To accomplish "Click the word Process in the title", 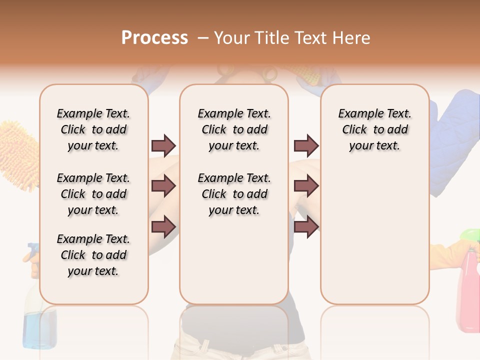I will (154, 38).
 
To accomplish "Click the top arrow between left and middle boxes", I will (163, 146).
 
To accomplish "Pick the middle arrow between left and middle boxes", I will (163, 186).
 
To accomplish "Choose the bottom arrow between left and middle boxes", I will (163, 226).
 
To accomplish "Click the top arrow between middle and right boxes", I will (306, 146).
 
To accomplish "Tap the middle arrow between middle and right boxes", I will (306, 186).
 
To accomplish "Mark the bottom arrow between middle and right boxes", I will (306, 226).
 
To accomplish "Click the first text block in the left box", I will (93, 129).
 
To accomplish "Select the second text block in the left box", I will (93, 194).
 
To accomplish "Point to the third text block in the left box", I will (93, 255).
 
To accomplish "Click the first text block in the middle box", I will (234, 129).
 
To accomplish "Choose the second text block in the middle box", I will (234, 194).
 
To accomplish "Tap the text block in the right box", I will (374, 129).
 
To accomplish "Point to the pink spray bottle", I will (468, 290).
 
